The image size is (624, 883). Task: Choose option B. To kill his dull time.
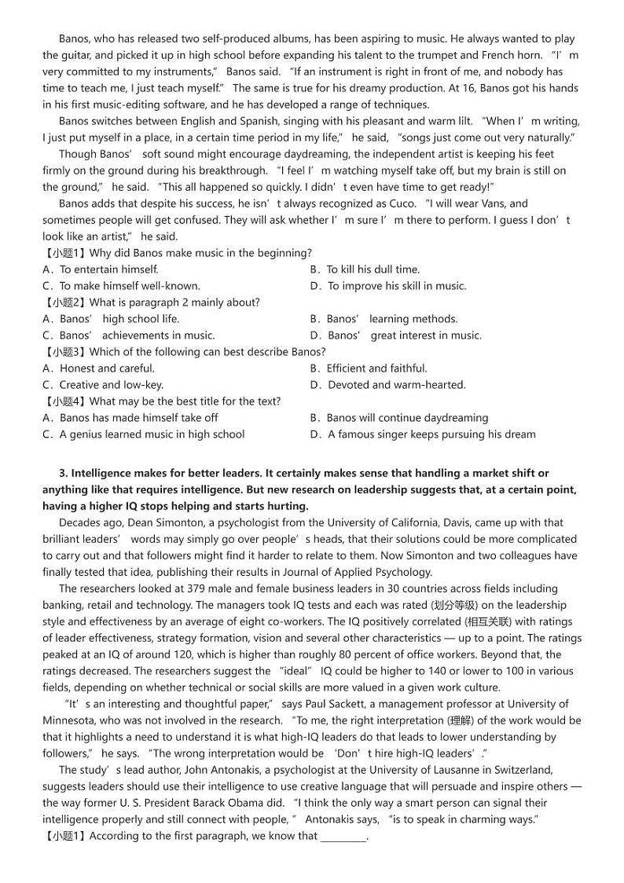[365, 269]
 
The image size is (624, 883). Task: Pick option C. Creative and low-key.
[103, 385]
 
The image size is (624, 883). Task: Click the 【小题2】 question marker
[65, 302]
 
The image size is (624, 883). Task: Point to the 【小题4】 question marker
[65, 401]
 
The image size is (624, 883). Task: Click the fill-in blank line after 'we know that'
[343, 837]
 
